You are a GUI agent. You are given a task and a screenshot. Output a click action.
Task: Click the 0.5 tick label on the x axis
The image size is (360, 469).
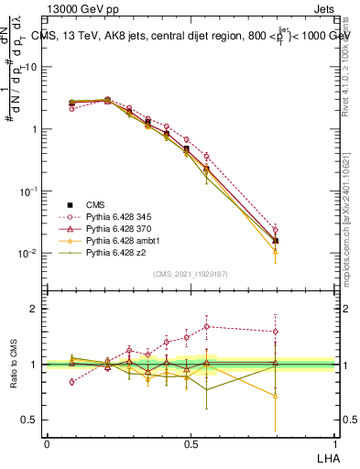point(191,443)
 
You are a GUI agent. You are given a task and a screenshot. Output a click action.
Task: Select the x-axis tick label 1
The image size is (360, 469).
point(334,443)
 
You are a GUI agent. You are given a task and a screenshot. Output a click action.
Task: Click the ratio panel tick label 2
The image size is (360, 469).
point(35,309)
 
